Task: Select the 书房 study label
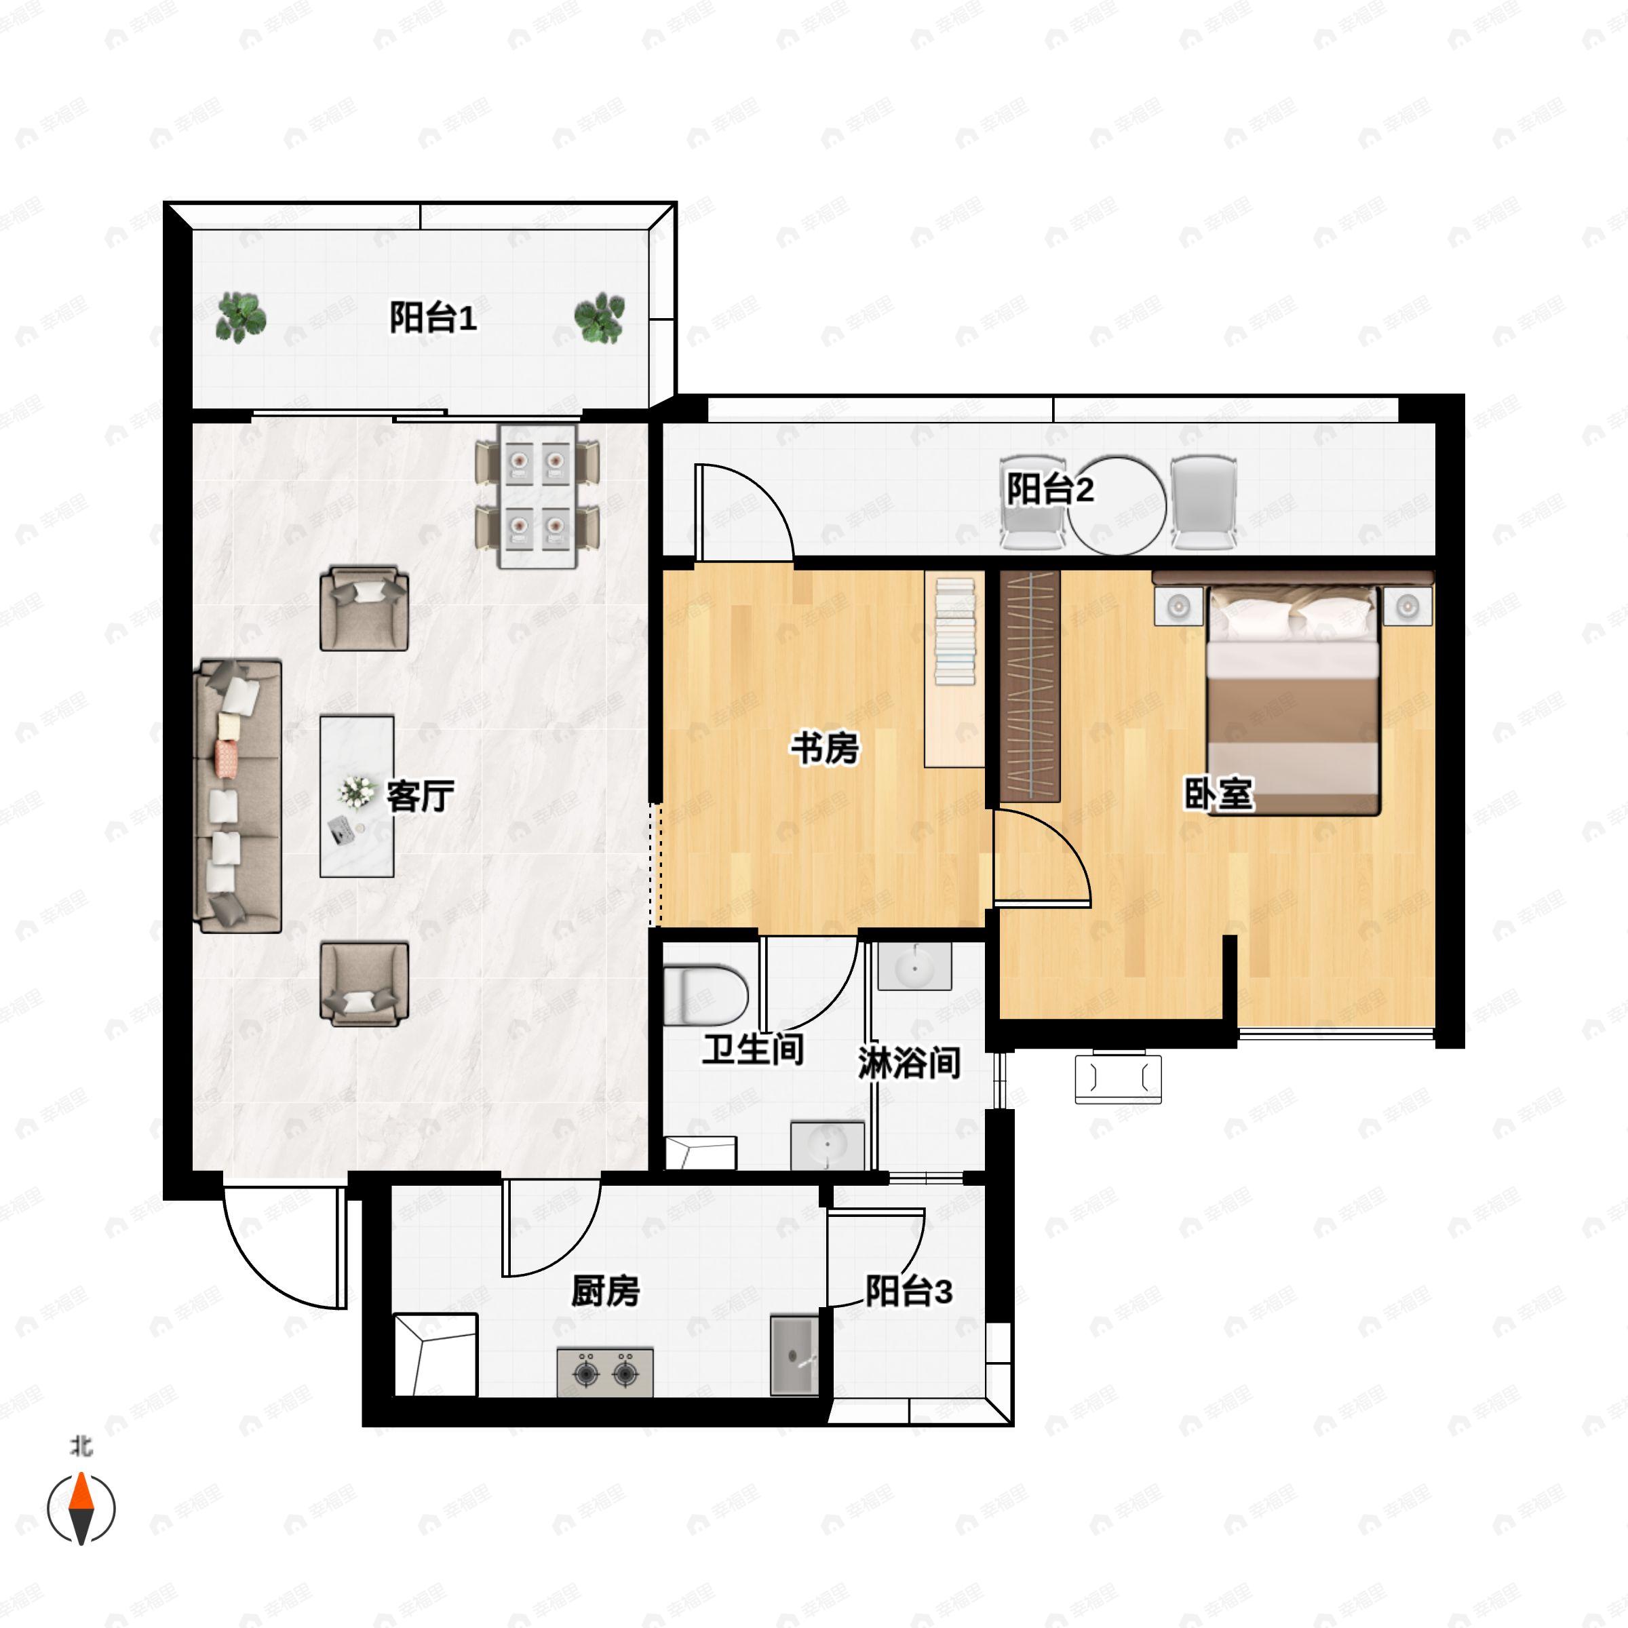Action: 825,748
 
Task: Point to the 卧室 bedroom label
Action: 1218,793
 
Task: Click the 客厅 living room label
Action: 421,796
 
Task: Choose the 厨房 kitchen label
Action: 605,1290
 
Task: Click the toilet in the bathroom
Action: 705,995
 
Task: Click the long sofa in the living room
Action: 237,797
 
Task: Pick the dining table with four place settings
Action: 538,497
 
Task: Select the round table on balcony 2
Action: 1118,505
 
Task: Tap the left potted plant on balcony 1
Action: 241,317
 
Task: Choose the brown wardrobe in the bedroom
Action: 1030,686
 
